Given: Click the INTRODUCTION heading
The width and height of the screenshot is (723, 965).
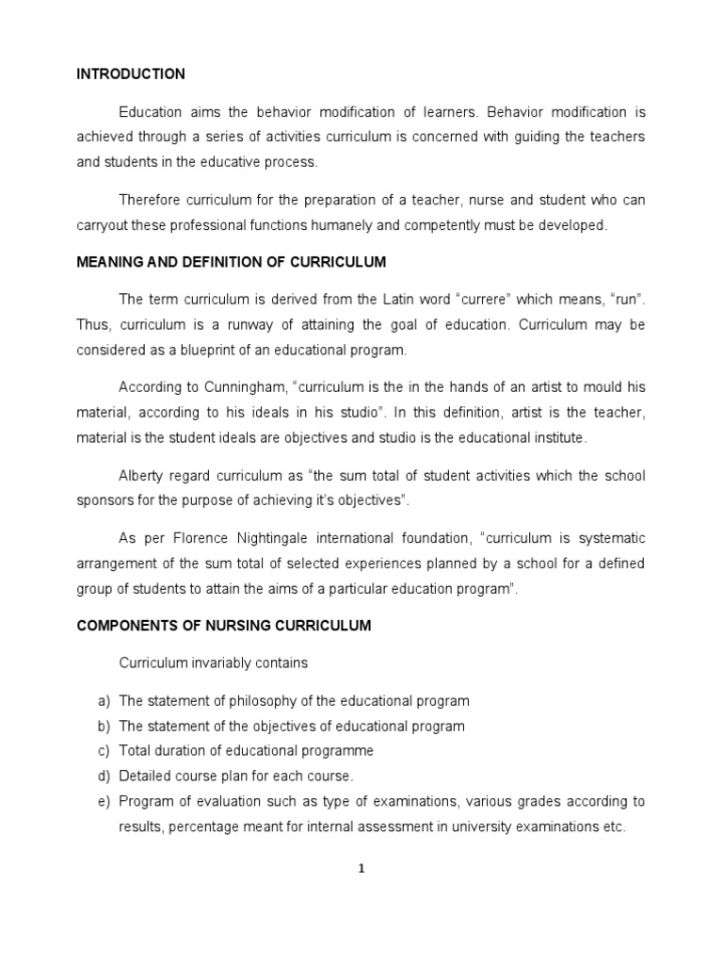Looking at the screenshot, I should pos(131,74).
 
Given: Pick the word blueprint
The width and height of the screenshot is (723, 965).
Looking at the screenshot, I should pos(205,350).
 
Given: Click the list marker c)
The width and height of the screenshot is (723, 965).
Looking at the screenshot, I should pos(103,751).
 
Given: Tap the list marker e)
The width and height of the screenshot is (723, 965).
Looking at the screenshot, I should pos(103,802).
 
